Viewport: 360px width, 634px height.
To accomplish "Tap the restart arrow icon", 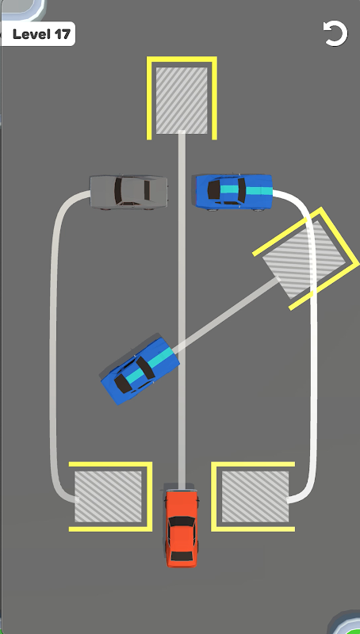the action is [x=335, y=33].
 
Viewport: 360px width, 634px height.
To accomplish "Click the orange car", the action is [x=182, y=528].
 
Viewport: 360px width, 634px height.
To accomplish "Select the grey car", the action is [x=128, y=192].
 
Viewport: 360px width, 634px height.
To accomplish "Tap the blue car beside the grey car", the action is [x=234, y=192].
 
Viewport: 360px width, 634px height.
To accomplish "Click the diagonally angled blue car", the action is [x=140, y=369].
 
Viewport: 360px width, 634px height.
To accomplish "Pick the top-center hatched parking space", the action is [x=182, y=101].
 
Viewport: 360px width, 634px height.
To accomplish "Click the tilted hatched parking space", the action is [x=304, y=260].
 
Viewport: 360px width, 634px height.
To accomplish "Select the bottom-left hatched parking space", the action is [x=108, y=496].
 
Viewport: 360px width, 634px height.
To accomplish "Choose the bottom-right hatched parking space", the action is [x=255, y=496].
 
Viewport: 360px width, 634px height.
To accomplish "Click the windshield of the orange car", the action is [x=182, y=521].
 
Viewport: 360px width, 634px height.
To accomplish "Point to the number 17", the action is [x=63, y=34].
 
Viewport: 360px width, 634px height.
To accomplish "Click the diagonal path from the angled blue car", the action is [x=227, y=312].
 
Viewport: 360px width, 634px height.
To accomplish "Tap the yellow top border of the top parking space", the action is [x=182, y=59].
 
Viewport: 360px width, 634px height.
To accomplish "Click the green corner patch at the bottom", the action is [x=349, y=624].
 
